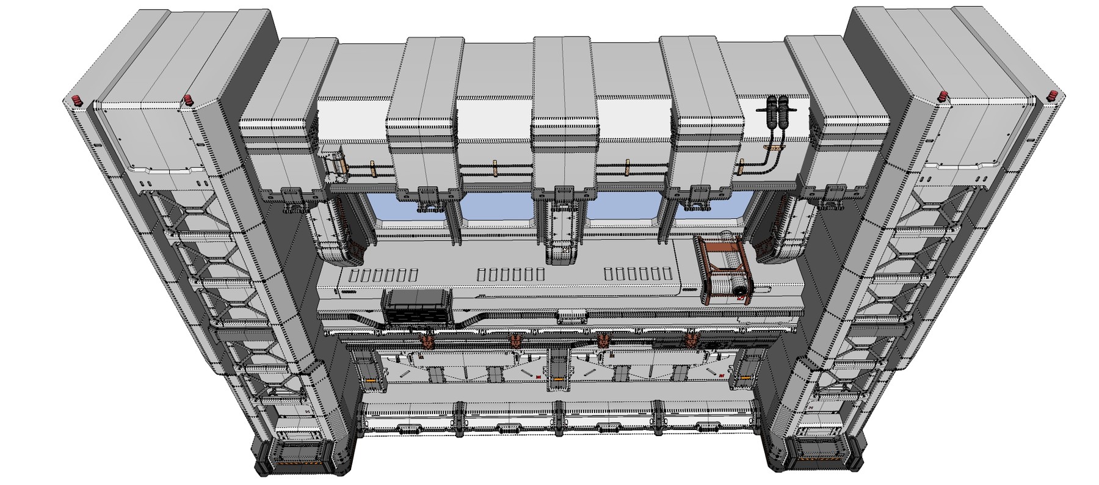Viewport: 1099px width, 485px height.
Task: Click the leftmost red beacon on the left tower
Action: pyautogui.click(x=76, y=100)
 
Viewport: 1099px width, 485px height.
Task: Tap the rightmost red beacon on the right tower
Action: pyautogui.click(x=1053, y=97)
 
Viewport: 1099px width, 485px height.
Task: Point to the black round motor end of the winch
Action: pyautogui.click(x=741, y=291)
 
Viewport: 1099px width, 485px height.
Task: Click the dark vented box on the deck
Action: pyautogui.click(x=416, y=305)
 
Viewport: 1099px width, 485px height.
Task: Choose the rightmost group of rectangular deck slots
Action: pyautogui.click(x=637, y=273)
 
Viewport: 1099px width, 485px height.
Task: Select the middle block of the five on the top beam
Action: pyautogui.click(x=563, y=116)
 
